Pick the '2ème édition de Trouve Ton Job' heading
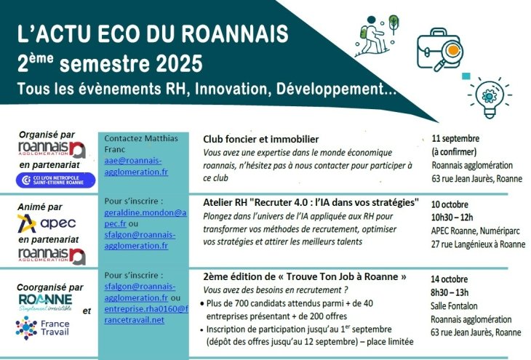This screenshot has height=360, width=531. tap(305, 276)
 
